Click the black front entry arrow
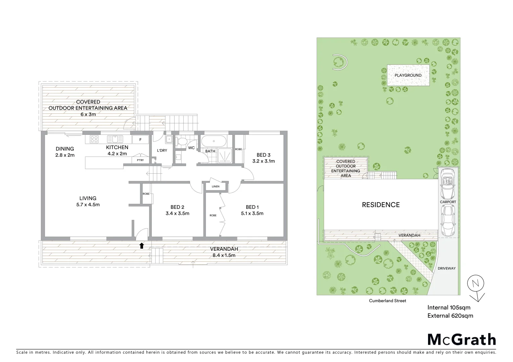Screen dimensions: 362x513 click(141, 246)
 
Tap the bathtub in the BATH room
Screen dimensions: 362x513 click(214, 141)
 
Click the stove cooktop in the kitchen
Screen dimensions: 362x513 click(94, 139)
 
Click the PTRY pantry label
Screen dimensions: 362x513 click(140, 160)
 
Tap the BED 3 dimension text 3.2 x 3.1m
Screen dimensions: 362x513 click(264, 161)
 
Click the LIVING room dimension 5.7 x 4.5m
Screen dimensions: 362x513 click(88, 204)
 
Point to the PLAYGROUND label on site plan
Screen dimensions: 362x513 click(408, 75)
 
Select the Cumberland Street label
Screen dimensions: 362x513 click(387, 301)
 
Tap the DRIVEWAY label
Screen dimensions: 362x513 click(447, 268)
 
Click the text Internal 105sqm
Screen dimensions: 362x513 click(449, 307)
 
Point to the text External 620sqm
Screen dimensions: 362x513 click(450, 315)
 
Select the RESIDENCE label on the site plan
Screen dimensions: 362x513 click(381, 205)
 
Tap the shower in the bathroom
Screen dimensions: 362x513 click(223, 156)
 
